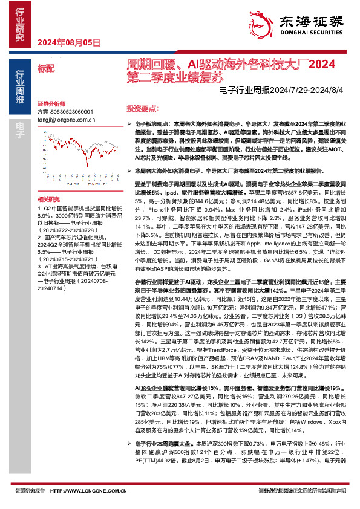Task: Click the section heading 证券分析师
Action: (50, 104)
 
